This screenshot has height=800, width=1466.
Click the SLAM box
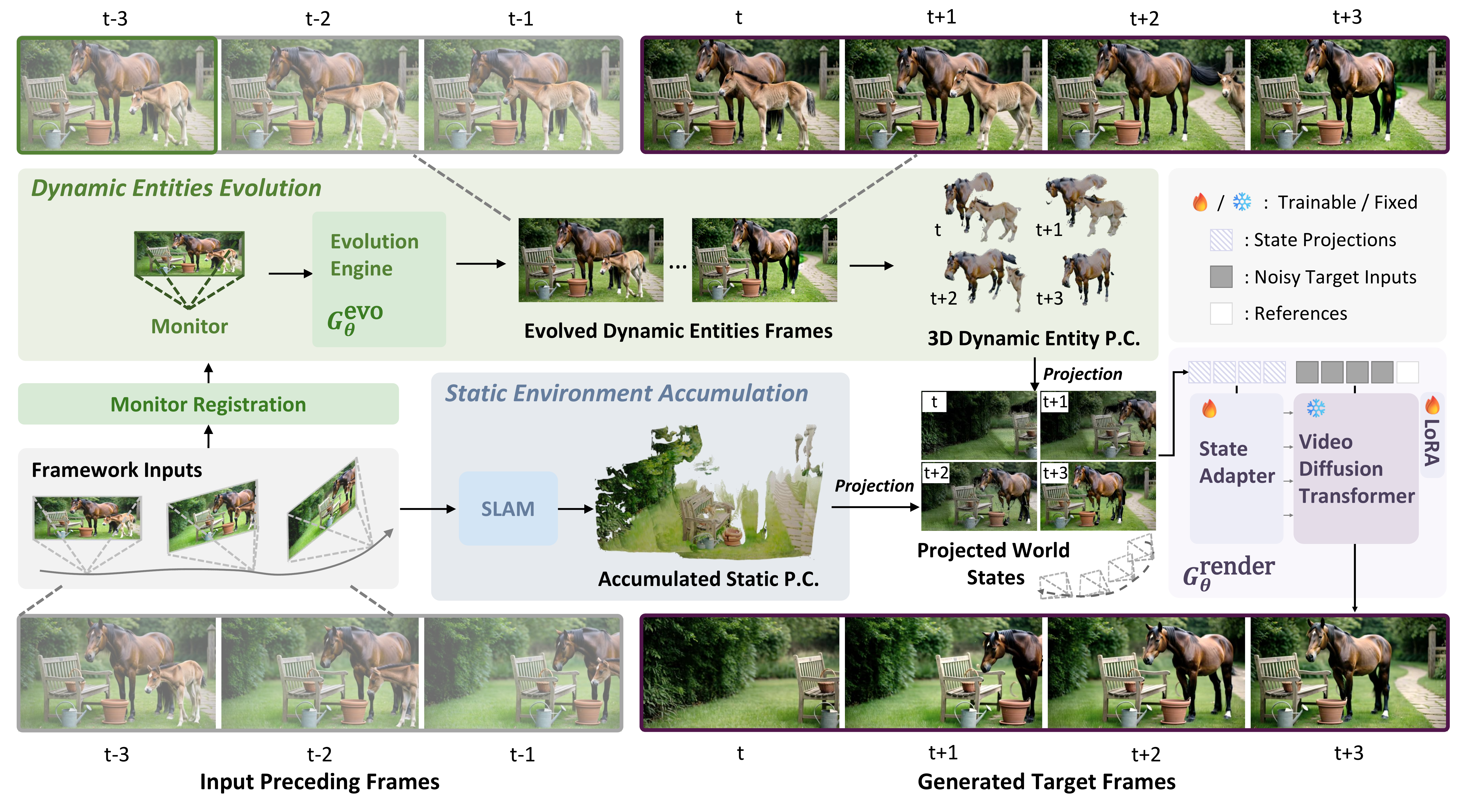pyautogui.click(x=508, y=508)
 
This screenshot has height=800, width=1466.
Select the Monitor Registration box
pyautogui.click(x=208, y=404)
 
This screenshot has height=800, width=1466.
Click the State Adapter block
pyautogui.click(x=1236, y=468)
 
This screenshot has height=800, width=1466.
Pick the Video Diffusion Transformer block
pyautogui.click(x=1356, y=468)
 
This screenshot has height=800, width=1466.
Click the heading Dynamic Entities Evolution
pyautogui.click(x=176, y=188)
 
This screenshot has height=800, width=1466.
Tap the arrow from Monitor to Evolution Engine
pyautogui.click(x=290, y=274)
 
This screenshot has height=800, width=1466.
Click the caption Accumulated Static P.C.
pyautogui.click(x=709, y=579)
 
